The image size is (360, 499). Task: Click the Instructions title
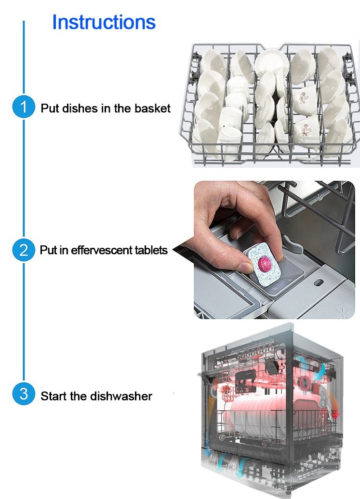[104, 22]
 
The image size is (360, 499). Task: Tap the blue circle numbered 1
[24, 107]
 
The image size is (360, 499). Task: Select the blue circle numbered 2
[24, 250]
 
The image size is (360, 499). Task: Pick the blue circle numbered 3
[24, 394]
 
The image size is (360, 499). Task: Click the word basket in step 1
[153, 108]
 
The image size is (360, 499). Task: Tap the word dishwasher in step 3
[121, 396]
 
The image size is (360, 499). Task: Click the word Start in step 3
[54, 396]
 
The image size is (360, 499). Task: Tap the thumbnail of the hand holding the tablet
[274, 250]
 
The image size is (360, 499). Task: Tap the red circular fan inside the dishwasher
[306, 381]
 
